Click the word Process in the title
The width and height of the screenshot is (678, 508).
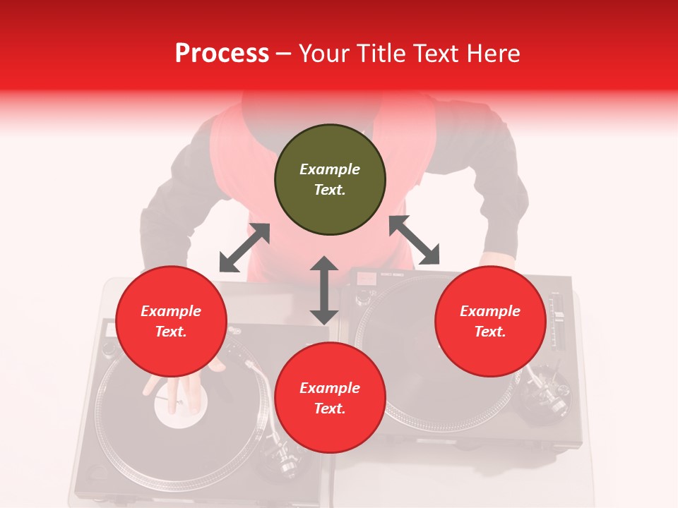pyautogui.click(x=222, y=54)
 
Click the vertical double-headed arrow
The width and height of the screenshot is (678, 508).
pyautogui.click(x=324, y=290)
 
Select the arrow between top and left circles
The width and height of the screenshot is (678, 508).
pyautogui.click(x=244, y=248)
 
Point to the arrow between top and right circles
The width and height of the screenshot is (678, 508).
pyautogui.click(x=414, y=240)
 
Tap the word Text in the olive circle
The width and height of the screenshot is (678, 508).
pyautogui.click(x=330, y=190)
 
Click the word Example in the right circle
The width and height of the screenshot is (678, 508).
pyautogui.click(x=490, y=311)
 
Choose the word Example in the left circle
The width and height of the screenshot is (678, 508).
pyautogui.click(x=171, y=311)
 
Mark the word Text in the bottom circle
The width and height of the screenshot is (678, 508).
pyautogui.click(x=330, y=409)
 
